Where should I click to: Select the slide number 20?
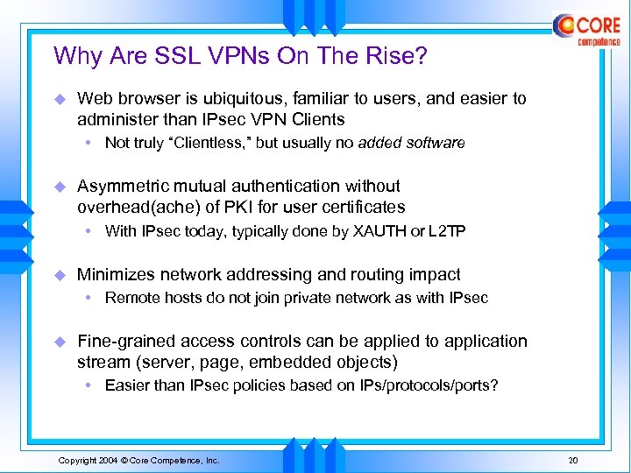click(574, 461)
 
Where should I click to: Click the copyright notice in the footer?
click(138, 461)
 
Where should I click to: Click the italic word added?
click(378, 143)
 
